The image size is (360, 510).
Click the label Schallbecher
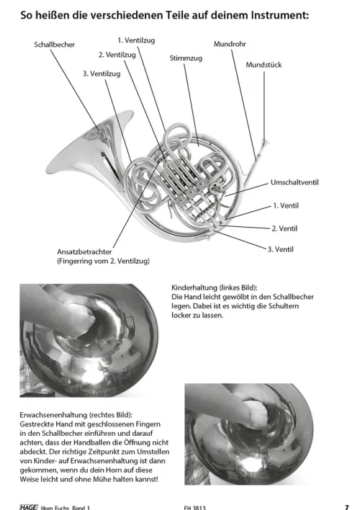point(54,45)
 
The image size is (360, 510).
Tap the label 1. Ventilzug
point(136,40)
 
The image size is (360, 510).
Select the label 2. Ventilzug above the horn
point(117,55)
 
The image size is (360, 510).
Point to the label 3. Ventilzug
point(102,73)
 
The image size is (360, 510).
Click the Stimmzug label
point(186,58)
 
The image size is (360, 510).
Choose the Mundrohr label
point(230,44)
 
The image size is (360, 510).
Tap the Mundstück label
point(264,65)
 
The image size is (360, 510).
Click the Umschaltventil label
point(294,182)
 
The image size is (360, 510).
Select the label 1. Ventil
point(286,205)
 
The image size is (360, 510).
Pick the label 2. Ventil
point(284,228)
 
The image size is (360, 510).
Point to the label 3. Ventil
point(280,249)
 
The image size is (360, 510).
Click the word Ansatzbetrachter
point(84,251)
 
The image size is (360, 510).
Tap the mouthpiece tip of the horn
point(266,141)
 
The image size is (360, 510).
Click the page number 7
point(346,506)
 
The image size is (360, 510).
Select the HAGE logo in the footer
point(29,507)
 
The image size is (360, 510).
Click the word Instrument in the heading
point(278,15)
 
